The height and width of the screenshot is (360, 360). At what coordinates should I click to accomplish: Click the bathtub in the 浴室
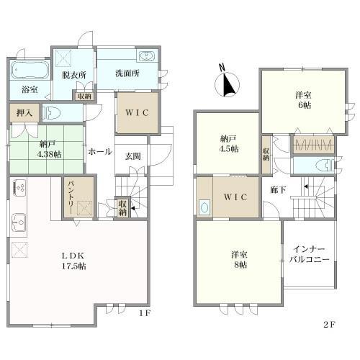pos(30,70)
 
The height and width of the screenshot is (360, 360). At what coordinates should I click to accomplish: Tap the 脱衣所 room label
pos(74,75)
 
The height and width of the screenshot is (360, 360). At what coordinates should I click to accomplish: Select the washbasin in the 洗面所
pos(147,56)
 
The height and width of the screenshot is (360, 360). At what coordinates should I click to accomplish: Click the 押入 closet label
pos(24,113)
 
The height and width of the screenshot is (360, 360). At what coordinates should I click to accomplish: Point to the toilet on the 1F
pos(51,112)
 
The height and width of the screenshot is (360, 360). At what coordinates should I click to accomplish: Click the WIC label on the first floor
pos(137,112)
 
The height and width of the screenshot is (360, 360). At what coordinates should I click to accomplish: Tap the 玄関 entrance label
pos(132,156)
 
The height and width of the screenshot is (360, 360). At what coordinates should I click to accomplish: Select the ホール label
pos(100,151)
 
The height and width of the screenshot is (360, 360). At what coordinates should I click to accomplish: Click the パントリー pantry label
pos(71,197)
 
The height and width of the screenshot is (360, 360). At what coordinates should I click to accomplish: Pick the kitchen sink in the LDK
pos(19,222)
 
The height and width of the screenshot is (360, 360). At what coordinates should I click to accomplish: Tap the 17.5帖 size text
pos(74,266)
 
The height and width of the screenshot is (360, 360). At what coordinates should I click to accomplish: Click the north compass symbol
pos(227,82)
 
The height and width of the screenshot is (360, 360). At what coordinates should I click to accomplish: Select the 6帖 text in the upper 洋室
pos(305,105)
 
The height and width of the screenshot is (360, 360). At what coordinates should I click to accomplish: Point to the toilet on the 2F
pos(325,166)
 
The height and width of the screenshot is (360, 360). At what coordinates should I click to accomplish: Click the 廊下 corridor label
pos(278,190)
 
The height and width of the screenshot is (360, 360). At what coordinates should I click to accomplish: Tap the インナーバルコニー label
pos(309,254)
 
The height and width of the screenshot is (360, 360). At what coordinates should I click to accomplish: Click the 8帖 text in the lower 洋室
pos(240,265)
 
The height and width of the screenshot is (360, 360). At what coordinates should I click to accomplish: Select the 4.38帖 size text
pos(49,154)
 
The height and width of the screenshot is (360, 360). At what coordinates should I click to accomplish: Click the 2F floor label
pos(329,325)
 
